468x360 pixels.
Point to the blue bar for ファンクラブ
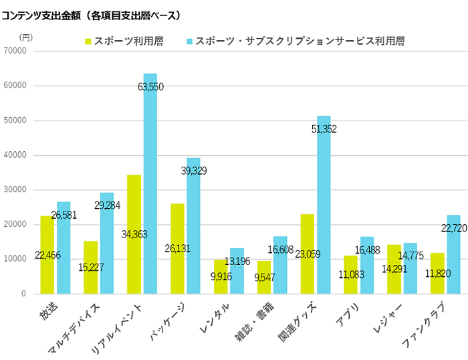coord(454,254)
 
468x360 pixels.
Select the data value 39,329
coord(193,171)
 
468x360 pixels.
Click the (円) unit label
coord(25,37)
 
